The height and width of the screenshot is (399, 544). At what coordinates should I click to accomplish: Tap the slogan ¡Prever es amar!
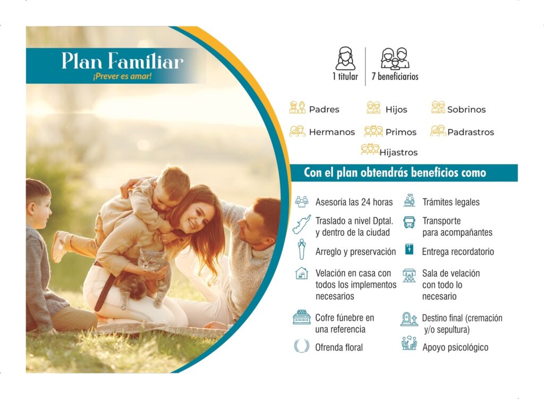[x=122, y=76]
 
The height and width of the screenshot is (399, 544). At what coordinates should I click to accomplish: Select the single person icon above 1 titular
[x=345, y=59]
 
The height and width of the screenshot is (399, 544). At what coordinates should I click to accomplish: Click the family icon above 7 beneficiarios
[x=395, y=59]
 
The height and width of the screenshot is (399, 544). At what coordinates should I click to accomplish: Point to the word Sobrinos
[x=466, y=110]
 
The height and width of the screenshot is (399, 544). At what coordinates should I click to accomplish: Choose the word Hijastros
[x=398, y=153]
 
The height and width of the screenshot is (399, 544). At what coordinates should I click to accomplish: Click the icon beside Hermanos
[x=297, y=131]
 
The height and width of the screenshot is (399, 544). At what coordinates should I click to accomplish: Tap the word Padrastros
[x=471, y=132]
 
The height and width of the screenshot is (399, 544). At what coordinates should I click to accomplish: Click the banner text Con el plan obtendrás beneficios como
[x=395, y=173]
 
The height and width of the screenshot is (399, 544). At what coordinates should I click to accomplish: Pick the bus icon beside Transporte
[x=410, y=222]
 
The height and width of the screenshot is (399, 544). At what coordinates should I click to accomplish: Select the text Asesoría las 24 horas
[x=354, y=202]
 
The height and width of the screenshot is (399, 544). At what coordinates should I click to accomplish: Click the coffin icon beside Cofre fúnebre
[x=302, y=317]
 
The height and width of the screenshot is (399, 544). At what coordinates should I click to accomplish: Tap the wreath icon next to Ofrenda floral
[x=302, y=346]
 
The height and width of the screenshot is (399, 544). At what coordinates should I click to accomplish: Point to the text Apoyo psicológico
[x=455, y=347]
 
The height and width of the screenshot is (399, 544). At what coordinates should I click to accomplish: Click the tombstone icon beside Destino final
[x=409, y=319]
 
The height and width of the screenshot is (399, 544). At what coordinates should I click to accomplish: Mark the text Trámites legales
[x=450, y=202]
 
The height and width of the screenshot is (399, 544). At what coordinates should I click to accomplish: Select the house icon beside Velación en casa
[x=302, y=273]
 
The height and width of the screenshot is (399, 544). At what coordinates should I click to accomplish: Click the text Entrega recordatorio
[x=458, y=252]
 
